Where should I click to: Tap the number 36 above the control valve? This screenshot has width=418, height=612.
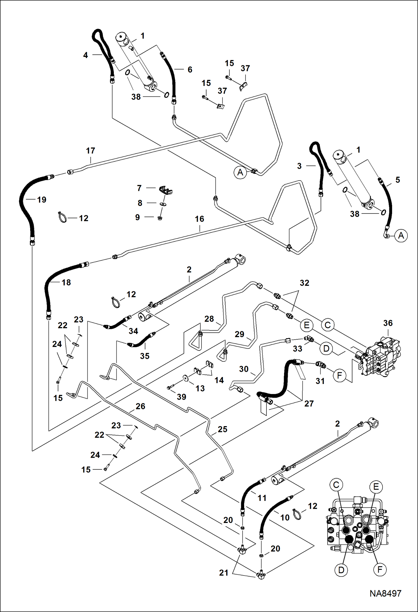click(x=388, y=323)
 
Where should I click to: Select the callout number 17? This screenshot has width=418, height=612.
click(x=90, y=151)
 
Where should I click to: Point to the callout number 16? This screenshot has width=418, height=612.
click(x=200, y=219)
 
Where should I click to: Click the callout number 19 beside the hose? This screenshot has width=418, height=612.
click(x=42, y=200)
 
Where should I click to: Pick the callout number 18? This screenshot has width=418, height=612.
click(x=66, y=282)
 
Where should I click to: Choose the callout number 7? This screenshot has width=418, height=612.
click(x=139, y=188)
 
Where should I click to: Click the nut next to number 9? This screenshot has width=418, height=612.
click(x=160, y=218)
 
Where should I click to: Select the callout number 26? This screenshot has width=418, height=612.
click(x=140, y=406)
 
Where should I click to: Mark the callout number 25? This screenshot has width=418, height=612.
click(x=222, y=429)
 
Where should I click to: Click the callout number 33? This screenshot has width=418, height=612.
click(x=297, y=349)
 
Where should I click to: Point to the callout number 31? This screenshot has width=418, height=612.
click(x=320, y=381)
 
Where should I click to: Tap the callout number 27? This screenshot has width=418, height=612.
click(x=309, y=404)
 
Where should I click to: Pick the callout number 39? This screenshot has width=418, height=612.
click(x=181, y=397)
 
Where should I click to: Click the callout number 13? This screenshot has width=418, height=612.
click(x=200, y=388)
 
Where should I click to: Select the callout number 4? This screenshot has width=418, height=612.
click(x=85, y=55)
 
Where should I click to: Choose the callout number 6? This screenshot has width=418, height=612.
click(x=190, y=69)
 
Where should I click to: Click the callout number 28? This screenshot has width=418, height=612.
click(x=209, y=319)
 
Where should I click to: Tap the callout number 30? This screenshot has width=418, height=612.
click(x=244, y=369)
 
